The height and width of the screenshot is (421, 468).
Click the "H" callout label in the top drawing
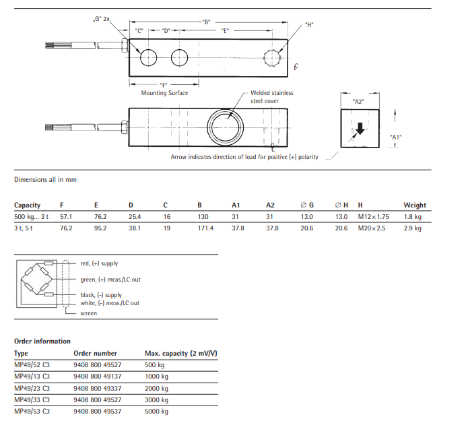[309, 25]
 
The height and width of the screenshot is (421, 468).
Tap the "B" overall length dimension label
[206, 22]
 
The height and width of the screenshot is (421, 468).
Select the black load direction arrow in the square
[360, 129]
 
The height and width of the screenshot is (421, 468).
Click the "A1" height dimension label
[396, 137]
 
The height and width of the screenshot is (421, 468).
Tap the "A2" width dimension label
[358, 101]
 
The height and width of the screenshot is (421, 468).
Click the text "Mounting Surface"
[164, 93]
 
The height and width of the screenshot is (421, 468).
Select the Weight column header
[415, 205]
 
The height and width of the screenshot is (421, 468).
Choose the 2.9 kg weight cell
[412, 228]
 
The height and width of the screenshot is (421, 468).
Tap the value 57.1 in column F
[66, 217]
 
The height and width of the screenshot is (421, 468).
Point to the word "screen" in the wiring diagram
[88, 313]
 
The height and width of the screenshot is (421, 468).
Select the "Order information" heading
[42, 341]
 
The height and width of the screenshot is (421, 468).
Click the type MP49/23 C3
[32, 388]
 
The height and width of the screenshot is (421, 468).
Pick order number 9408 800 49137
[98, 377]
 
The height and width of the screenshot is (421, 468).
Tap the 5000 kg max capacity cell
[156, 411]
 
